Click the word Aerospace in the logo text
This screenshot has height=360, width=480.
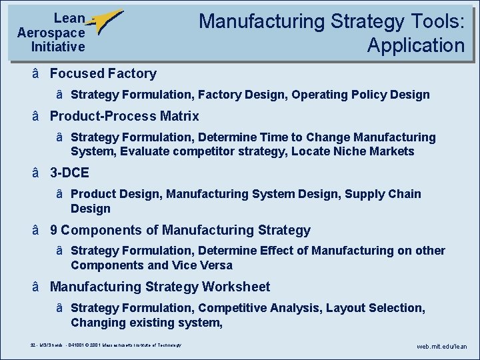pyautogui.click(x=51, y=33)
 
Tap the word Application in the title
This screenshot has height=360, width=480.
pyautogui.click(x=415, y=45)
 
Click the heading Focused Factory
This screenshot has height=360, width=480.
pyautogui.click(x=103, y=73)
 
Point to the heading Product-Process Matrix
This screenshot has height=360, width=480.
pyautogui.click(x=124, y=116)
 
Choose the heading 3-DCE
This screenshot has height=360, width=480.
pyautogui.click(x=69, y=173)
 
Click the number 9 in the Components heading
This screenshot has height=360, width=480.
pyautogui.click(x=54, y=230)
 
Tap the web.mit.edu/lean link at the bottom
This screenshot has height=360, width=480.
pyautogui.click(x=442, y=347)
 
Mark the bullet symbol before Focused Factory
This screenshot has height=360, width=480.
pyautogui.click(x=35, y=73)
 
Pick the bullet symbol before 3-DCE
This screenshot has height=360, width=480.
pyautogui.click(x=35, y=173)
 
